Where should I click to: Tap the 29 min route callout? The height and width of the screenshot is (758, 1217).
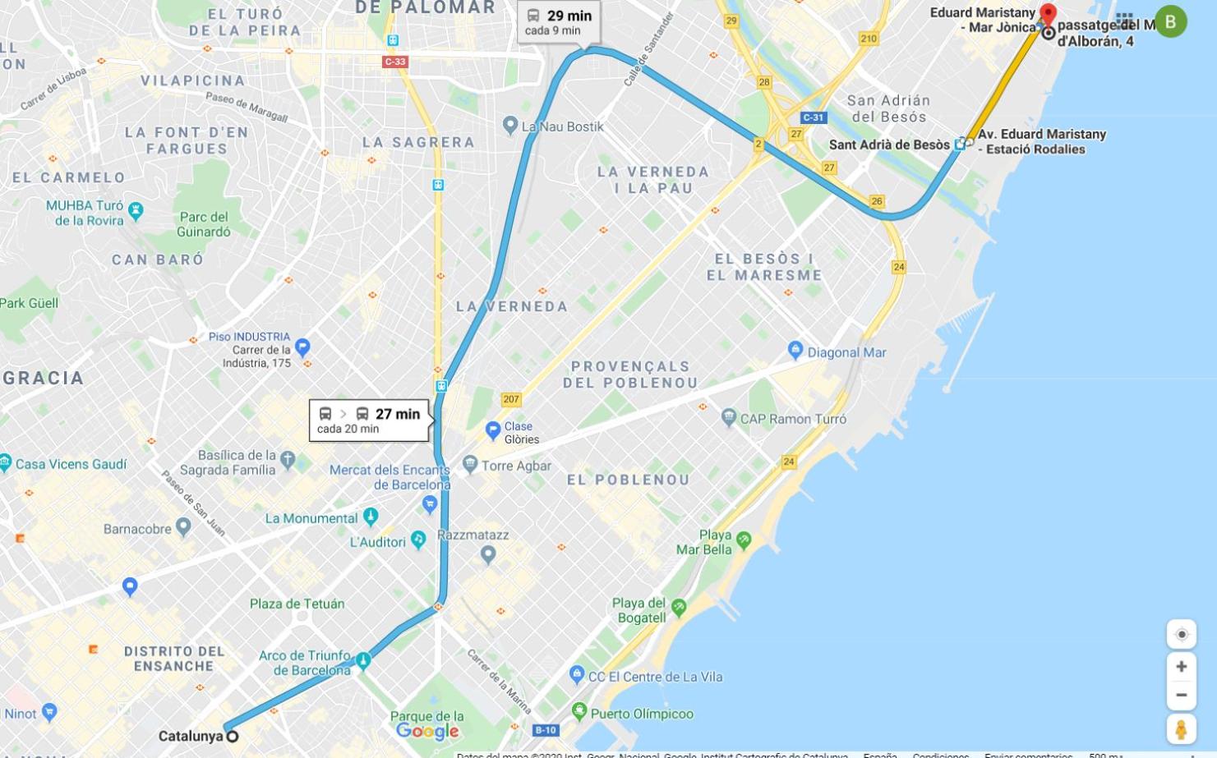(x=559, y=22)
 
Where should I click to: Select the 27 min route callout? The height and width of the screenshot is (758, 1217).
(x=369, y=420)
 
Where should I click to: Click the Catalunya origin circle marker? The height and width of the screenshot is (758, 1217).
(x=233, y=736)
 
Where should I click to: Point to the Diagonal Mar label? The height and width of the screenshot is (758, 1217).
(x=846, y=352)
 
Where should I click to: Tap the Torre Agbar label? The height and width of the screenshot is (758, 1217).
(x=516, y=466)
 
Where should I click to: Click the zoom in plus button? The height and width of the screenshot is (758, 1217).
(x=1181, y=666)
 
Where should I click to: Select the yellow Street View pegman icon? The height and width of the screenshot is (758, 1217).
(x=1181, y=729)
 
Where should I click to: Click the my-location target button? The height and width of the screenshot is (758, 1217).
(x=1181, y=634)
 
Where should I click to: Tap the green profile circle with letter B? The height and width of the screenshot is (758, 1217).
(x=1170, y=21)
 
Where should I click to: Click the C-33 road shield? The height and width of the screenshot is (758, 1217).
(x=395, y=62)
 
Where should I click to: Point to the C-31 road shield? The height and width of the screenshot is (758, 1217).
(x=813, y=117)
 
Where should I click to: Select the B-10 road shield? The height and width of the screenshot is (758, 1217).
(x=546, y=730)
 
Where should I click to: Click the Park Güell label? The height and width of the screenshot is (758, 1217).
(x=30, y=303)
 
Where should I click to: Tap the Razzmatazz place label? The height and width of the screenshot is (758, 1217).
(x=473, y=535)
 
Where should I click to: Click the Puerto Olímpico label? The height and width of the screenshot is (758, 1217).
(x=642, y=714)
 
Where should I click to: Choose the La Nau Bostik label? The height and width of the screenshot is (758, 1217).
(x=562, y=126)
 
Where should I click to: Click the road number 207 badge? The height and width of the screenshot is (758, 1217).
(x=511, y=399)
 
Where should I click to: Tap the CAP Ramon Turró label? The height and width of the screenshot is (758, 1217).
(x=793, y=419)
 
